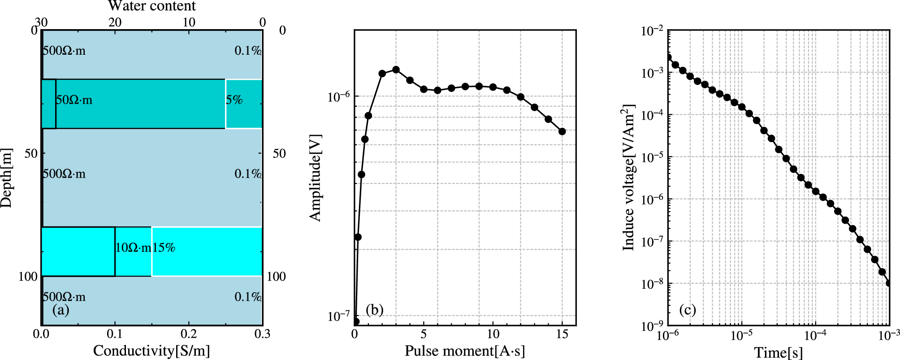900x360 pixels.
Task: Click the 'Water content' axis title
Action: pos(152,6)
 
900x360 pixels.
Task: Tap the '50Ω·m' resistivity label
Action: pos(74,100)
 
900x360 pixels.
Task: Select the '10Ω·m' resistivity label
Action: pos(133,247)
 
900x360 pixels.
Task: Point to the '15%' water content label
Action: pos(164,247)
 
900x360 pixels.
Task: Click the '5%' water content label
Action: pos(234,100)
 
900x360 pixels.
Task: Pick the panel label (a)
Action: pos(61,310)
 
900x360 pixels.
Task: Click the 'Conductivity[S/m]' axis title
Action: pos(151,351)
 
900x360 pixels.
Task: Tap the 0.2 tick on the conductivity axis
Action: pos(189,334)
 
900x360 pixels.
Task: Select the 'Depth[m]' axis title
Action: pos(6,178)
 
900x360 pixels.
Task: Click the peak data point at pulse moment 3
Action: pos(396,69)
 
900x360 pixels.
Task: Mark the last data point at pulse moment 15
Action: pos(562,131)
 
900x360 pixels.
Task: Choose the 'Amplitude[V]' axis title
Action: pos(316,178)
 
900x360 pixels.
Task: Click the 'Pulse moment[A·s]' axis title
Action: pos(465,351)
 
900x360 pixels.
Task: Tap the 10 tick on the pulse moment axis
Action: pos(493,334)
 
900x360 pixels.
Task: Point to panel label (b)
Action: pos(375,310)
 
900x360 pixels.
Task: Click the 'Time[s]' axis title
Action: pos(779,352)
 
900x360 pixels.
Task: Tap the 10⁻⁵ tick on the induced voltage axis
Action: pos(652,157)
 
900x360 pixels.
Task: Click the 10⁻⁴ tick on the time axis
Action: pos(815,335)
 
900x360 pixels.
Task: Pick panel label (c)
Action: pos(688,310)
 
